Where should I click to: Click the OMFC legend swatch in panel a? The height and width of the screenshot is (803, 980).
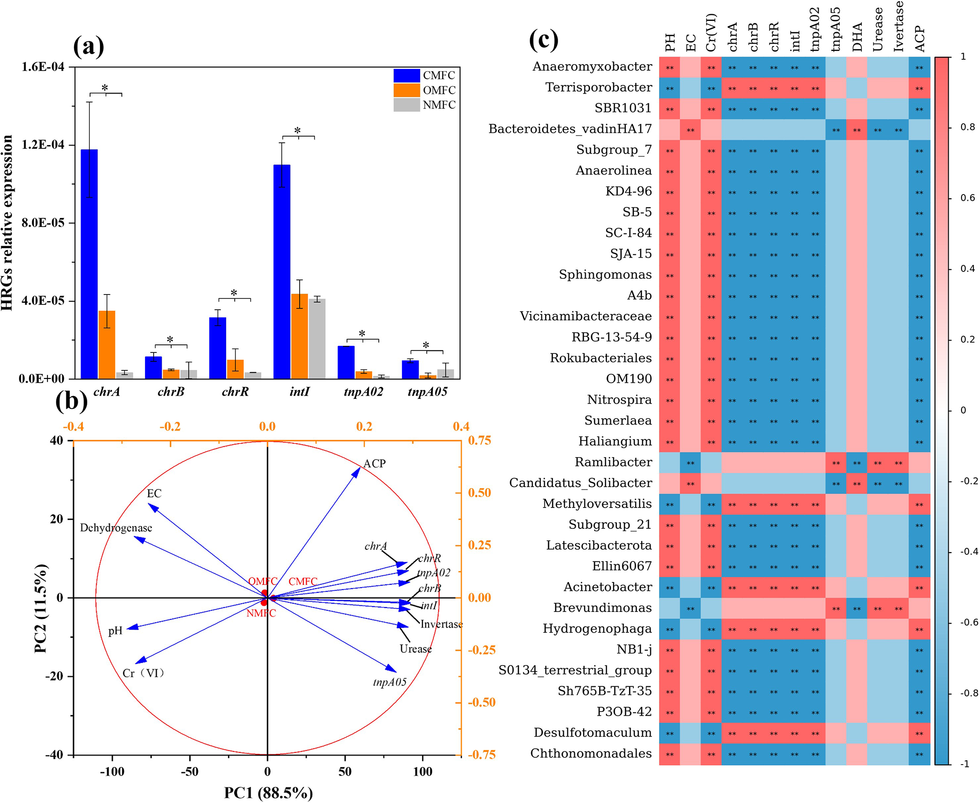[406, 90]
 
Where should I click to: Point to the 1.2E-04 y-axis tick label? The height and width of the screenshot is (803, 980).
[43, 145]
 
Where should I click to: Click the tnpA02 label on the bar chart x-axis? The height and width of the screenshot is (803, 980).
[363, 392]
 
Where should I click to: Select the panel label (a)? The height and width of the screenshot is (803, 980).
[88, 46]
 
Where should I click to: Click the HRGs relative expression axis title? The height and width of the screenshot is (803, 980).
[7, 223]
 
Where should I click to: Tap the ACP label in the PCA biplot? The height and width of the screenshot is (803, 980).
[375, 463]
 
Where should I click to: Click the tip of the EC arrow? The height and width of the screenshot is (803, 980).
[149, 504]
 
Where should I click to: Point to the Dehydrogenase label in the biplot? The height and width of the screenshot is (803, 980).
[116, 528]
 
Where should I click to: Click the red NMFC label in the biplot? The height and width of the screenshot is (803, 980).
[261, 613]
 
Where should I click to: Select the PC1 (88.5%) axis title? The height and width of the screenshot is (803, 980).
[268, 793]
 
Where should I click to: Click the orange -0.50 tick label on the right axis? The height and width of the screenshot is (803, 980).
[482, 702]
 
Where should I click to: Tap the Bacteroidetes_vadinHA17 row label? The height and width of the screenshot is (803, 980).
[570, 129]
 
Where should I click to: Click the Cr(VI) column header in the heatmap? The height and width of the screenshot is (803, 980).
[711, 32]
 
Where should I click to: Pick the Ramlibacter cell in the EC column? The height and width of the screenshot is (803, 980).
[690, 462]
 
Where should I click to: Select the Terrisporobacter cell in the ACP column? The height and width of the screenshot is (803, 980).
[919, 88]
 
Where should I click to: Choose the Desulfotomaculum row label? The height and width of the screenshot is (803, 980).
[593, 733]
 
